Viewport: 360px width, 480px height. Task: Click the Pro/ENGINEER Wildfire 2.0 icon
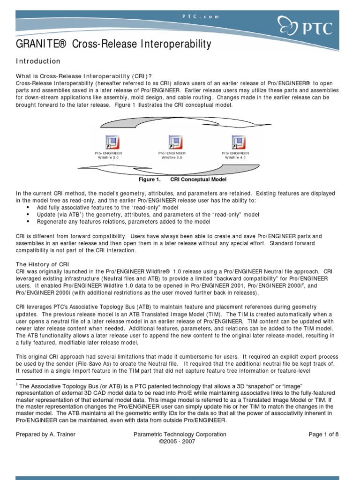(x=112, y=142)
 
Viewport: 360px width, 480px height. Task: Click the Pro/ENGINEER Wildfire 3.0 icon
(x=175, y=142)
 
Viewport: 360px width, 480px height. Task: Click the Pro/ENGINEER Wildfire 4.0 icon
(x=238, y=142)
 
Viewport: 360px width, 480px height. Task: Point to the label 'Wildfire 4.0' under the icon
(x=235, y=158)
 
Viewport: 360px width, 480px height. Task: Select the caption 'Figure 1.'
(x=149, y=180)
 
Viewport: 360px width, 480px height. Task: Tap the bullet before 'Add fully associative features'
(x=28, y=207)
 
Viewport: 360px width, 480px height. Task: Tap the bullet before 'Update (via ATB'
(x=28, y=214)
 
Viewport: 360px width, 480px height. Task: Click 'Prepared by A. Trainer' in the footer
(x=46, y=435)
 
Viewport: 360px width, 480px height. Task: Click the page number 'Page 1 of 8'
(x=323, y=435)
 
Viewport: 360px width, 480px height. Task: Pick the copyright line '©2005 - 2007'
(x=180, y=442)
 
